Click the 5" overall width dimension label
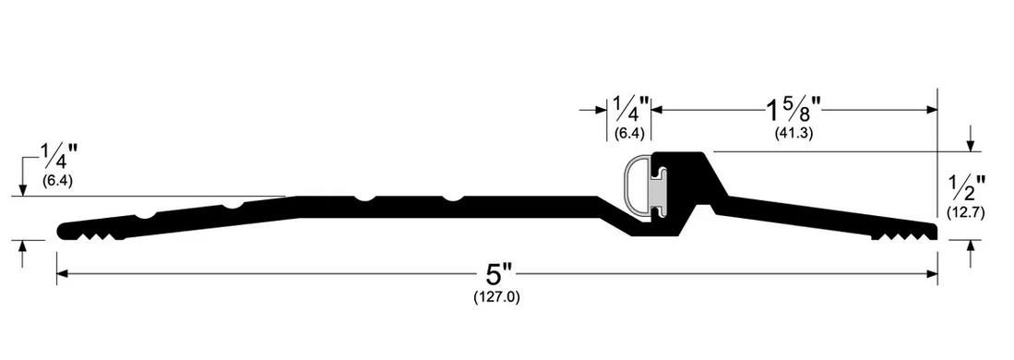pyautogui.click(x=498, y=275)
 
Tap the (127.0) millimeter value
pyautogui.click(x=496, y=298)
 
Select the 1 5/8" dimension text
pyautogui.click(x=793, y=110)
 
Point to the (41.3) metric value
pyautogui.click(x=793, y=133)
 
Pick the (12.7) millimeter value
pyautogui.click(x=965, y=211)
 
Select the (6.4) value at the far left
pyautogui.click(x=57, y=181)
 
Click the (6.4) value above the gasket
pyautogui.click(x=628, y=133)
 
